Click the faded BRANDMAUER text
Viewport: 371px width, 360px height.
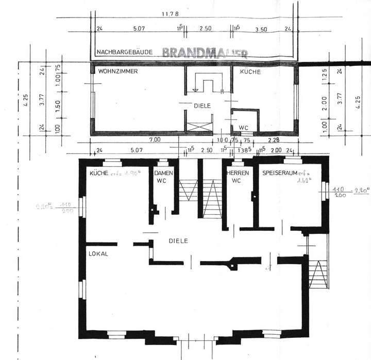pyautogui.click(x=206, y=53)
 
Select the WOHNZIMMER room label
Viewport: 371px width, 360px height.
pyautogui.click(x=118, y=72)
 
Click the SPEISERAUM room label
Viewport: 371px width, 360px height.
pyautogui.click(x=280, y=174)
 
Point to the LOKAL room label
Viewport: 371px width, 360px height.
pyautogui.click(x=98, y=254)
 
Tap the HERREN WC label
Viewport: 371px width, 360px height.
pyautogui.click(x=238, y=177)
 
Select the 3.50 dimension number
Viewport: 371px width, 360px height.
pyautogui.click(x=262, y=29)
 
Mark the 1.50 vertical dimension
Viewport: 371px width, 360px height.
pyautogui.click(x=58, y=102)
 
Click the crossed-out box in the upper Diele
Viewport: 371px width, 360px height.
pyautogui.click(x=198, y=125)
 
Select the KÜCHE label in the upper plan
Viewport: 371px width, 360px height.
pyautogui.click(x=250, y=72)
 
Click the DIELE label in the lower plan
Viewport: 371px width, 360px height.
pyautogui.click(x=178, y=241)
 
